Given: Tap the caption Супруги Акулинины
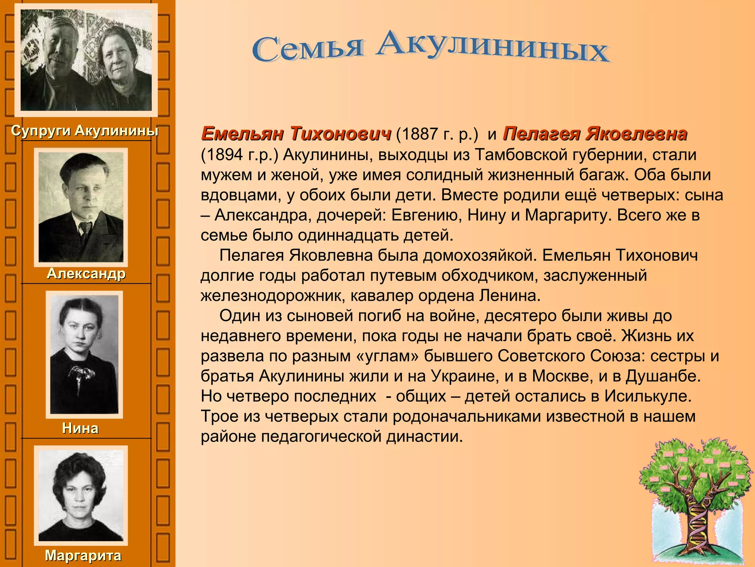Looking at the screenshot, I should [x=85, y=131].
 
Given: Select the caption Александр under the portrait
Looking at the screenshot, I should [x=86, y=274].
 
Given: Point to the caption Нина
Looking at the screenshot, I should [x=80, y=428].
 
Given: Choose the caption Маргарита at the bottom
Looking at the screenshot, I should [x=83, y=556].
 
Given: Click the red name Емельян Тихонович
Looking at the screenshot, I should [x=296, y=134].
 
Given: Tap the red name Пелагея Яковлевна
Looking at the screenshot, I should [x=595, y=134].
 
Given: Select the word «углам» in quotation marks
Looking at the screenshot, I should [x=388, y=356].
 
